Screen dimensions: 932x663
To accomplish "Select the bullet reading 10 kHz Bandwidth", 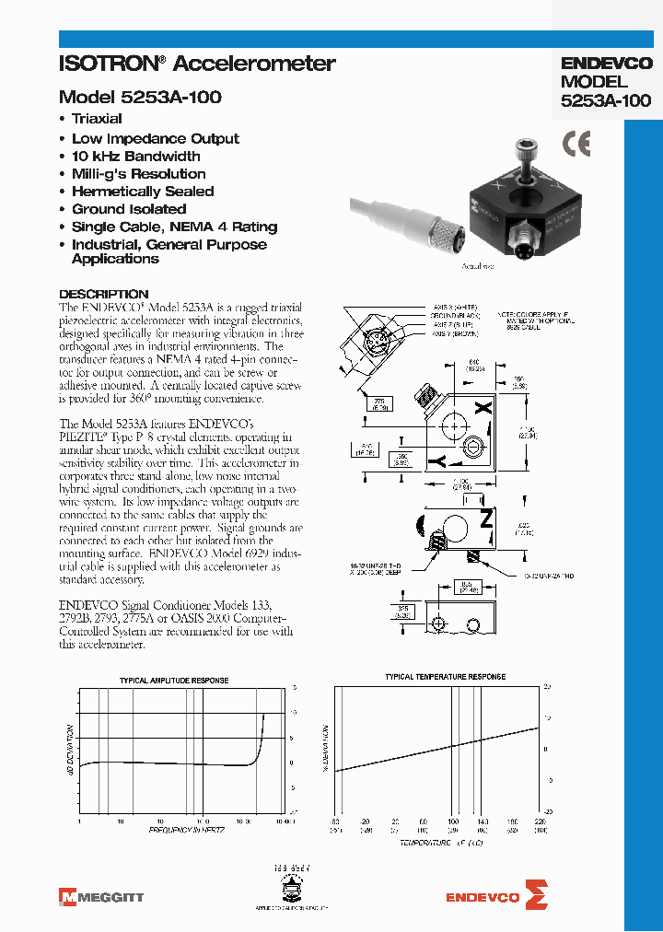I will [x=135, y=157].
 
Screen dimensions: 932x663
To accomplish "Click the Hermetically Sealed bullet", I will [x=143, y=192].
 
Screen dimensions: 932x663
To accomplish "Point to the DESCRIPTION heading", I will [x=103, y=295].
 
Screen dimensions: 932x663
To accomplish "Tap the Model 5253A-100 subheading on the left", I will [x=140, y=97].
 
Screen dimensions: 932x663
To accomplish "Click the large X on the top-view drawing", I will [x=487, y=407].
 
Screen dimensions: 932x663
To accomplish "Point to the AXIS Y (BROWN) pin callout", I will [x=455, y=333].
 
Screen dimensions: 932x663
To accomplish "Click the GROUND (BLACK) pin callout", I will [x=455, y=315].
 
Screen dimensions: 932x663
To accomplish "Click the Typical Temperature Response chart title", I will [x=445, y=677].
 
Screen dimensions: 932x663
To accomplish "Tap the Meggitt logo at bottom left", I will [x=100, y=896].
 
